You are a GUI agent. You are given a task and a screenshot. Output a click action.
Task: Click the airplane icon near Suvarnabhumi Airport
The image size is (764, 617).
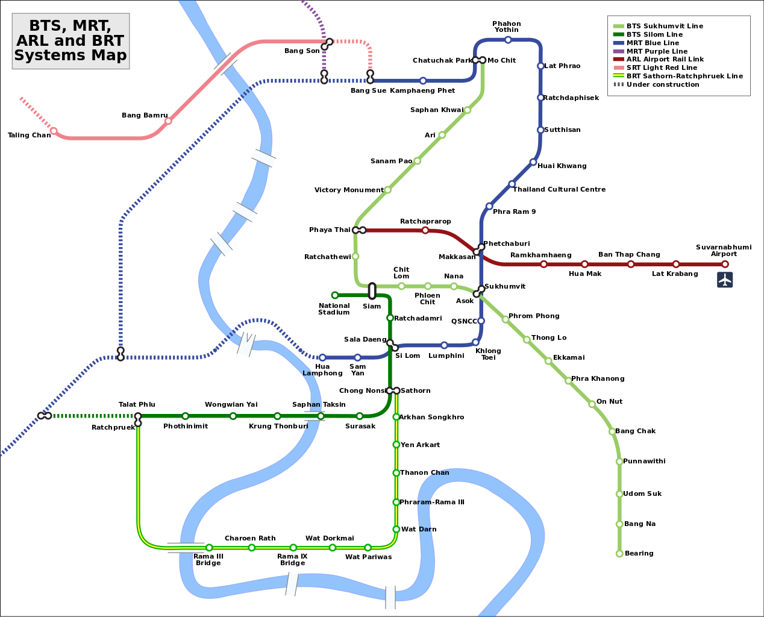pos(725,280)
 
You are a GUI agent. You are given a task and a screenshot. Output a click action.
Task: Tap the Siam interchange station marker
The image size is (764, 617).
pos(372,291)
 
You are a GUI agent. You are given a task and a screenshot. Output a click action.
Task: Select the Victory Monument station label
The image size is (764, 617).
pos(349,190)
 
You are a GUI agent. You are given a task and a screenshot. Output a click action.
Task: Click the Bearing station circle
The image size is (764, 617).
pos(619,553)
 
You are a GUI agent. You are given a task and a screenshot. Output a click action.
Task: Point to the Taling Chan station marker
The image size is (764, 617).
pos(54,131)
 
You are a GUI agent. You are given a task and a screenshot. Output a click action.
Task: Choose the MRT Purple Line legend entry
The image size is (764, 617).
pos(657,51)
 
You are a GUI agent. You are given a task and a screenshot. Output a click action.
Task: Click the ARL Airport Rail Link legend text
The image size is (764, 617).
pos(665,60)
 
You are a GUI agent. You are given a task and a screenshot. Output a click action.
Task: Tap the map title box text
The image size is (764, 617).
pos(70,41)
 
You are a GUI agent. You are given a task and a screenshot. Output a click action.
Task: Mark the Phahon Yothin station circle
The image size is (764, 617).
pos(508,40)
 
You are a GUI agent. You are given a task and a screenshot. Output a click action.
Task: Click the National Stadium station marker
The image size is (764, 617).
pos(335,295)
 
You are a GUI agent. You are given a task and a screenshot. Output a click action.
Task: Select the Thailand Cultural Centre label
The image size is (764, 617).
pos(559,190)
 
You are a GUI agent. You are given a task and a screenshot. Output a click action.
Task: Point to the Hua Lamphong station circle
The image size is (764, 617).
pos(322,357)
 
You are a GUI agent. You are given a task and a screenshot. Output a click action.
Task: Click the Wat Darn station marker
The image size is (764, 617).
pos(396,529)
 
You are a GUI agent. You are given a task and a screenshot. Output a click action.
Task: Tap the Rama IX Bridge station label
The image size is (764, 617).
pos(292,560)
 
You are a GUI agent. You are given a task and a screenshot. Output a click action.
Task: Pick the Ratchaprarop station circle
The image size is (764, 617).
pos(425,230)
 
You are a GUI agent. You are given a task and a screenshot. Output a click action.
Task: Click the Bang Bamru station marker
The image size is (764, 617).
pos(168,121)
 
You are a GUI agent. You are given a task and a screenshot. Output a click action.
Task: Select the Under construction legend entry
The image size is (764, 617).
pos(663,85)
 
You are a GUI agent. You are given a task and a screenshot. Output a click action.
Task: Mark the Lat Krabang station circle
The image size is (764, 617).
pos(676,264)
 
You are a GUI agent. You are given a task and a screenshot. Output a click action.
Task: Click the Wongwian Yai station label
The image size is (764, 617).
pos(231,405)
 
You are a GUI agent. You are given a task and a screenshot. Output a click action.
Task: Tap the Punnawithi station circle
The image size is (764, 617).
pos(619,462)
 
